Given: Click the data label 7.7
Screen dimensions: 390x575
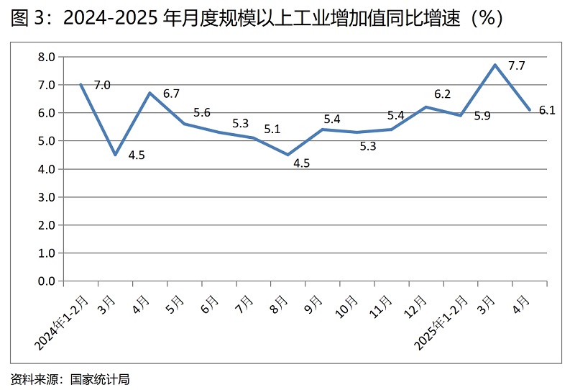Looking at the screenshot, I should pyautogui.click(x=517, y=66).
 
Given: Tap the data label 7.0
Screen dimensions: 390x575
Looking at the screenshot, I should pyautogui.click(x=102, y=85).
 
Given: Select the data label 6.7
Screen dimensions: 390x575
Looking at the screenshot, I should pyautogui.click(x=171, y=94).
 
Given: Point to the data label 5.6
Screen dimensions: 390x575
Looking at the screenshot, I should pyautogui.click(x=202, y=112).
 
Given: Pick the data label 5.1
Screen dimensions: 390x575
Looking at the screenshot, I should pyautogui.click(x=273, y=130).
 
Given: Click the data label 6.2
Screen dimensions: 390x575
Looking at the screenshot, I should pyautogui.click(x=442, y=94).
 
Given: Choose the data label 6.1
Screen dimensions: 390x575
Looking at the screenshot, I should pyautogui.click(x=547, y=110).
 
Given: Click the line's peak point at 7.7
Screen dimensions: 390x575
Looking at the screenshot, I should pyautogui.click(x=495, y=65).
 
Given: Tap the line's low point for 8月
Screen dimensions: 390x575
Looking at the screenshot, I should pyautogui.click(x=287, y=155).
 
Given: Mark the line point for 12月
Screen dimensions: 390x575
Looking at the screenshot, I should pyautogui.click(x=426, y=106).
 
